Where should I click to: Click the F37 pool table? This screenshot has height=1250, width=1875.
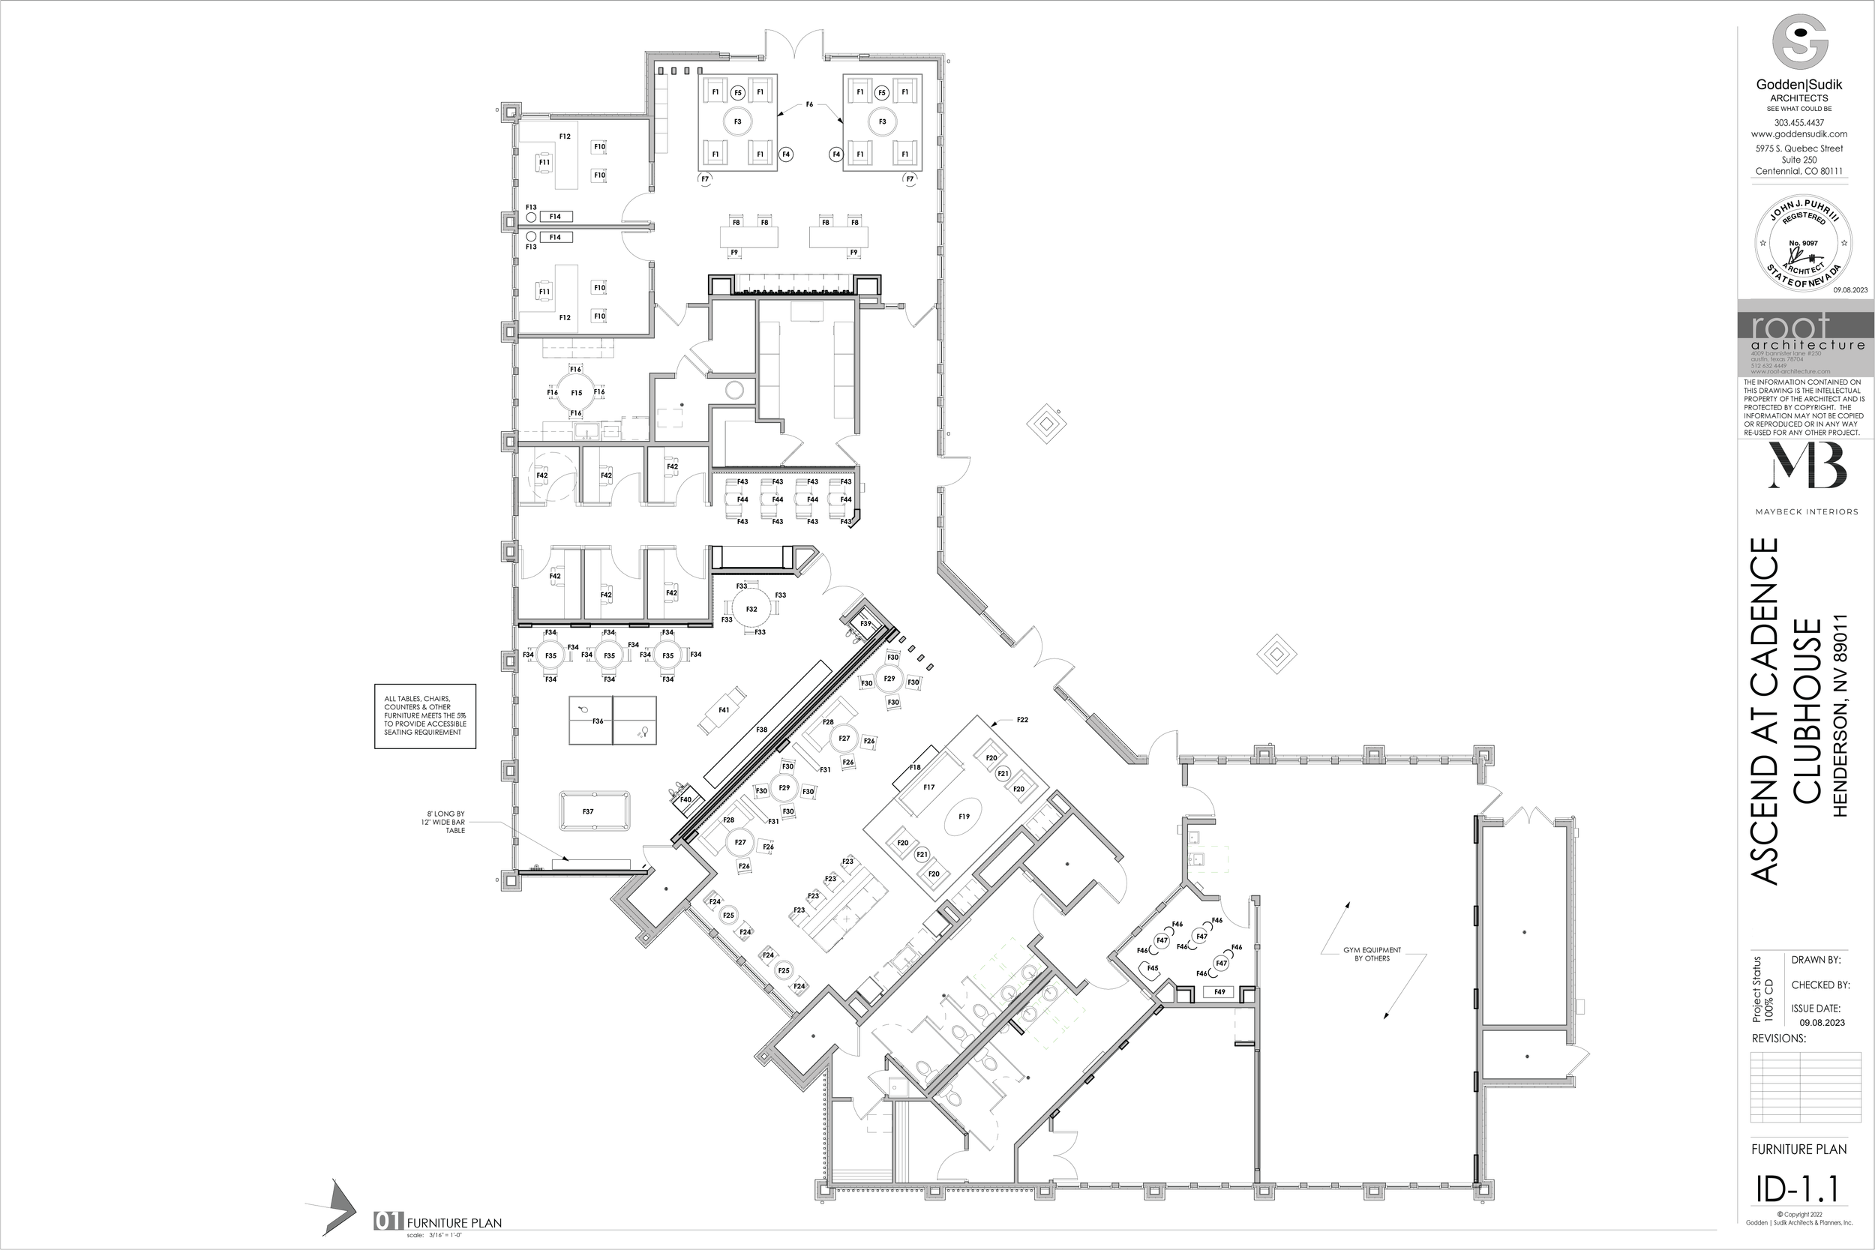[x=594, y=811]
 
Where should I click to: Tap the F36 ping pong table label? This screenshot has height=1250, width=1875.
[x=598, y=721]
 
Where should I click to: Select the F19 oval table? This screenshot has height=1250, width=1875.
[x=964, y=817]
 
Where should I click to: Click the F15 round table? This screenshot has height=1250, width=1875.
[x=576, y=392]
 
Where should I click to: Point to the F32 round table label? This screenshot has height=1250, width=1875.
[x=751, y=609]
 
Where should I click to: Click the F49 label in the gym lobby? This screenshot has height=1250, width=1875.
[x=1219, y=992]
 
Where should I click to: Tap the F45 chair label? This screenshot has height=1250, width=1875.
[x=1153, y=968]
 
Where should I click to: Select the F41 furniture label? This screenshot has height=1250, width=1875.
[x=724, y=709]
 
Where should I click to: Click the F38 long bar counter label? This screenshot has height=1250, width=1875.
[x=761, y=730]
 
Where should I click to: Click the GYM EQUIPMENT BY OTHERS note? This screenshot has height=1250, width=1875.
[x=1372, y=954]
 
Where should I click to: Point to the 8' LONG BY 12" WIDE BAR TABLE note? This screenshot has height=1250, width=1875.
[x=445, y=822]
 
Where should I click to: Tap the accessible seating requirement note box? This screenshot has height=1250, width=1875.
[x=425, y=715]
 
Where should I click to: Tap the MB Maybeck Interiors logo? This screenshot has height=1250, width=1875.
[x=1807, y=466]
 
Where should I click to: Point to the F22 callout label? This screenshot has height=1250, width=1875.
[x=1022, y=720]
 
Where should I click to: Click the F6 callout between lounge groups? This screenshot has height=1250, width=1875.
[x=809, y=104]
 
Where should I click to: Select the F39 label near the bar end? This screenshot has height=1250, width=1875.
[x=865, y=623]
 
